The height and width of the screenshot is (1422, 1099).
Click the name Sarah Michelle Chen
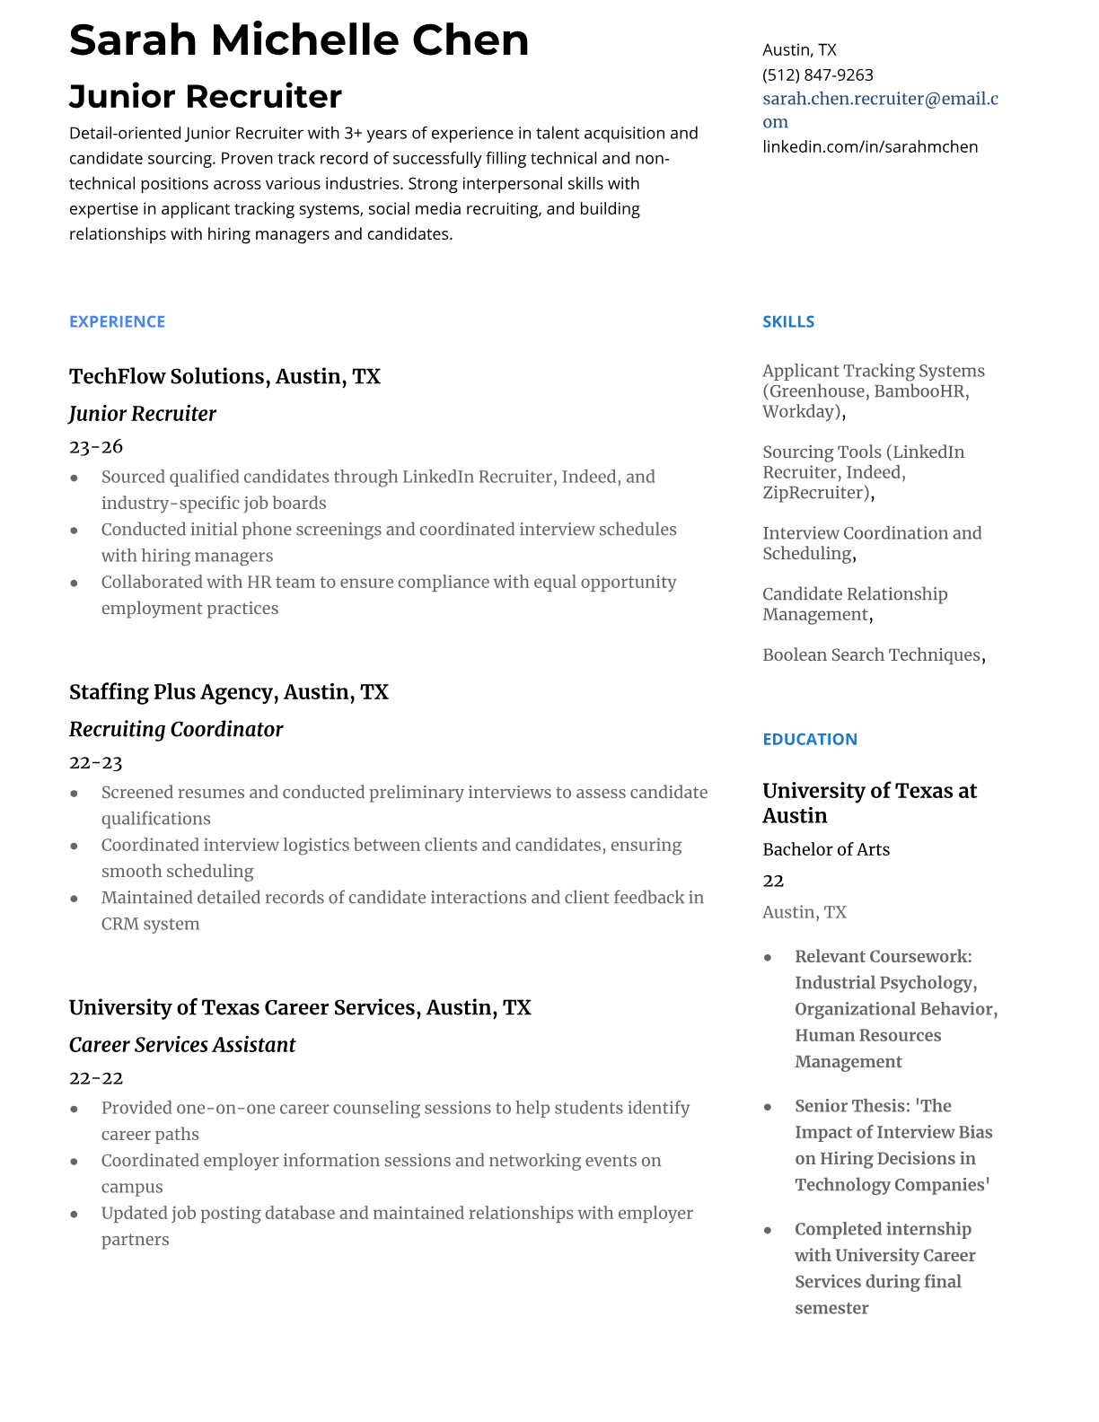pos(299,40)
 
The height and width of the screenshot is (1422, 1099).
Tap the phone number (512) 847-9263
pos(817,75)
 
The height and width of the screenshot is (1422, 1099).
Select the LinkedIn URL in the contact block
pos(870,146)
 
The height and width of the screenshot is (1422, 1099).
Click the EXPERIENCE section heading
pos(117,321)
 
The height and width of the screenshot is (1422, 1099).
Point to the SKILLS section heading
pos(788,321)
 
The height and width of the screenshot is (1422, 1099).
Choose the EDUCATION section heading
pos(809,739)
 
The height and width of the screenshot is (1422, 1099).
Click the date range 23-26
pos(95,446)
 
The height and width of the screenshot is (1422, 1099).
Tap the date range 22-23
pos(95,762)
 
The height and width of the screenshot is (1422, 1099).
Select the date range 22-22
pos(95,1077)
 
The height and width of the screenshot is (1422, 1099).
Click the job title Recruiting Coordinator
pos(176,729)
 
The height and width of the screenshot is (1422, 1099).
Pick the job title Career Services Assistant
pos(182,1045)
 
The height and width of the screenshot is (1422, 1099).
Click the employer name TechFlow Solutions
pos(168,376)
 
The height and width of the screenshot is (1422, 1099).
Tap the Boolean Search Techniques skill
pos(871,654)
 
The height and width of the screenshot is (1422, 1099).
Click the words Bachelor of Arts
pos(826,849)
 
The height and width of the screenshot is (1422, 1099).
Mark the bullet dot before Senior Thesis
pos(768,1107)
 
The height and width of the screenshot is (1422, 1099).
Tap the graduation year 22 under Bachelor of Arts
pos(773,881)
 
